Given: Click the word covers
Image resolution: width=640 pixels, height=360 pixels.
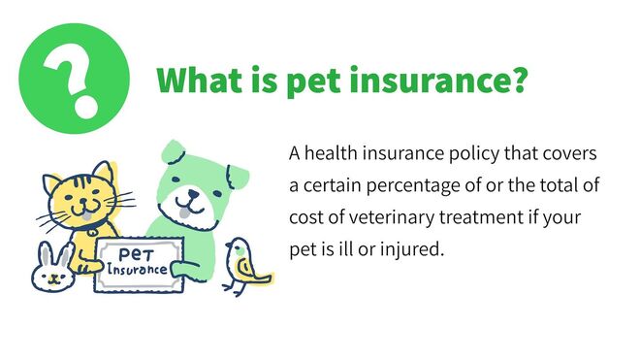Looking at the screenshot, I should [573, 155].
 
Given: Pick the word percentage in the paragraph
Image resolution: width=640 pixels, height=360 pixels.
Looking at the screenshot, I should [395, 185].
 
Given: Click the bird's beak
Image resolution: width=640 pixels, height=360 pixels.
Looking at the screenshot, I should [229, 253].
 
